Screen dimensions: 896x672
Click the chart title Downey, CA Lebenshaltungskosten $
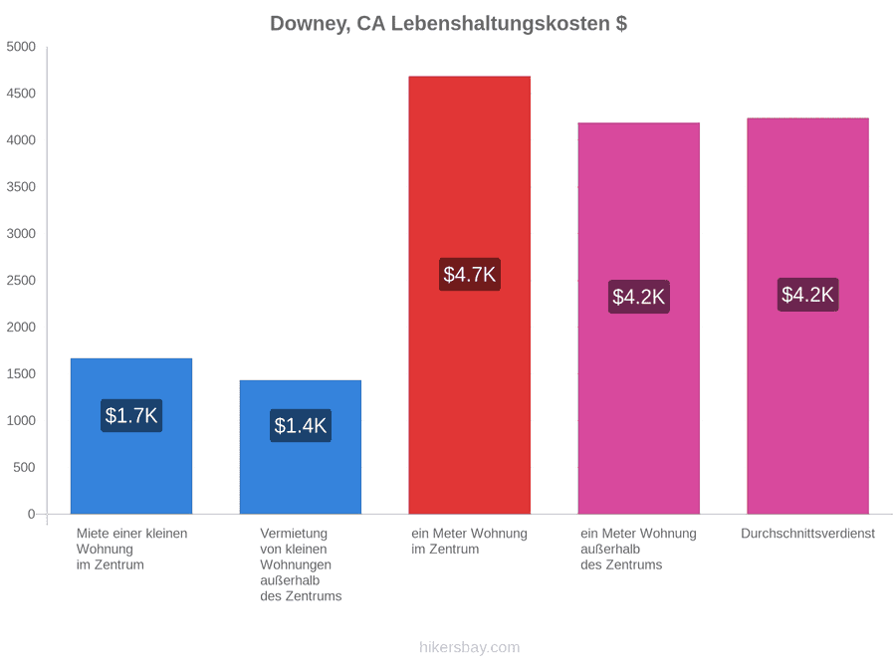(449, 24)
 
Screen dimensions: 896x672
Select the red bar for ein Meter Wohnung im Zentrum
(470, 295)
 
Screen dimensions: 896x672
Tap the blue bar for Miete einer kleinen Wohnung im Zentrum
(131, 436)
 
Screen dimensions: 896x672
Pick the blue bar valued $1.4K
(301, 447)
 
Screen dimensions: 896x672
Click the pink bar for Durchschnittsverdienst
(808, 316)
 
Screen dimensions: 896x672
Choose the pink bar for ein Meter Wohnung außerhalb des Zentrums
(639, 319)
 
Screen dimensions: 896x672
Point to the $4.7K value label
(470, 275)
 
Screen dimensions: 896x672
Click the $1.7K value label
(131, 415)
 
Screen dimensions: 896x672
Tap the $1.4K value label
(301, 426)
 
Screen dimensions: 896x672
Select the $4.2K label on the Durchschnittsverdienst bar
(808, 295)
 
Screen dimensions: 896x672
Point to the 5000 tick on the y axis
(21, 47)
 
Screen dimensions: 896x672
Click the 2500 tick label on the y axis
(21, 281)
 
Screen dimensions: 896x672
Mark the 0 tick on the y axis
(32, 515)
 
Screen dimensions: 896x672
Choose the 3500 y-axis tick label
(21, 187)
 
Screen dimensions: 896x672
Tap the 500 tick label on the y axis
(24, 468)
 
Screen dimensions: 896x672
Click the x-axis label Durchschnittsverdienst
(808, 534)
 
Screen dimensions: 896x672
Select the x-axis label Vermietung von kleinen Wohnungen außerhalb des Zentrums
(301, 564)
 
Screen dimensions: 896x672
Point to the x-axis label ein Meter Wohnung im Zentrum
(470, 542)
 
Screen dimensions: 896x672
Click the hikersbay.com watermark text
(470, 647)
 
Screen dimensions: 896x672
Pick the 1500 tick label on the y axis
(21, 373)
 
